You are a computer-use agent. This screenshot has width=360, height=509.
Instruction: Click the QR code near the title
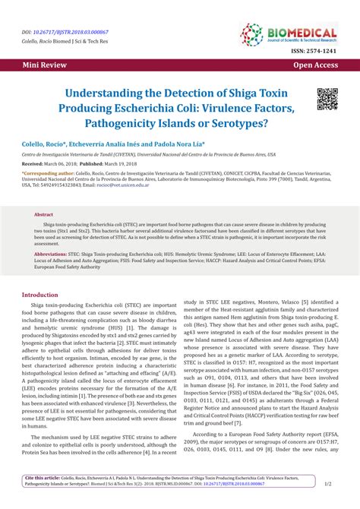327,99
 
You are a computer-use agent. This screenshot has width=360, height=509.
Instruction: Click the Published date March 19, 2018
119,163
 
